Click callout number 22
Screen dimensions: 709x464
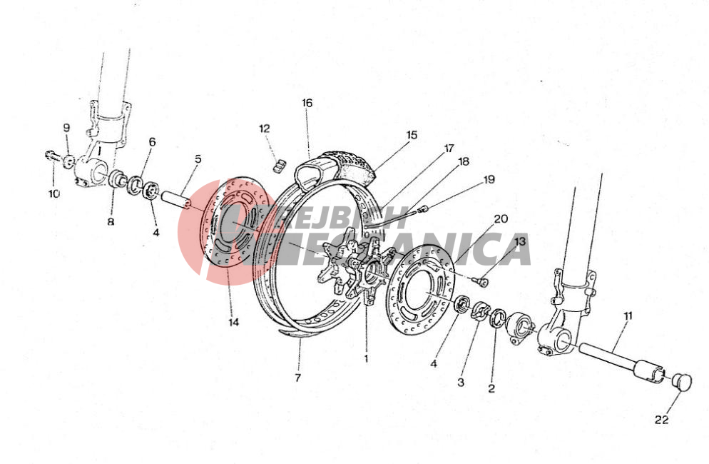click(661, 420)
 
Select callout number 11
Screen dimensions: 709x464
click(628, 316)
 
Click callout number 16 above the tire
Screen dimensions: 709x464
click(307, 104)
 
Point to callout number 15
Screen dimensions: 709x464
click(412, 135)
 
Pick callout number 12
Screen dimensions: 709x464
click(265, 128)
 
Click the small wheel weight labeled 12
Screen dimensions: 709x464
click(279, 166)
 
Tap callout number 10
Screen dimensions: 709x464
click(53, 193)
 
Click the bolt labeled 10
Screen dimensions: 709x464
click(53, 156)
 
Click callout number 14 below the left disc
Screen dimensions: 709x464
click(233, 323)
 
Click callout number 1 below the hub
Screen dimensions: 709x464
click(366, 359)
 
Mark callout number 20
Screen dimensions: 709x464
click(501, 219)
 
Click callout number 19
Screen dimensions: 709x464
click(489, 179)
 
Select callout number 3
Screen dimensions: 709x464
click(461, 382)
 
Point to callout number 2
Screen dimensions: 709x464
click(491, 388)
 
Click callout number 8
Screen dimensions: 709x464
click(111, 222)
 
